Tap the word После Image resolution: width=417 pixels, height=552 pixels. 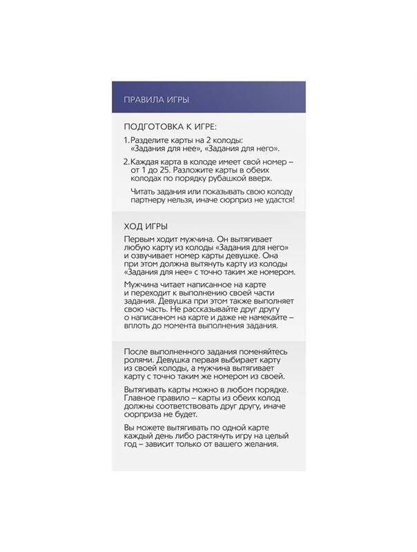pos(137,351)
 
